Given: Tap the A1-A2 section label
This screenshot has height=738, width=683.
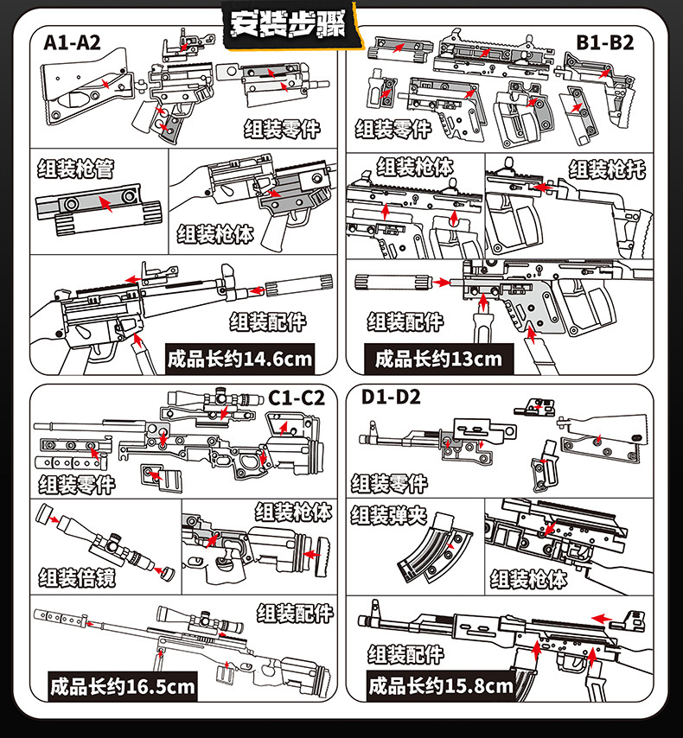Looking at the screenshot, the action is coord(72,43).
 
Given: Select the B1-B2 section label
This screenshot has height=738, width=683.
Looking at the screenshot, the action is coord(605,43).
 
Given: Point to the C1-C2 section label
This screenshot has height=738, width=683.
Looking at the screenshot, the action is coord(297,398).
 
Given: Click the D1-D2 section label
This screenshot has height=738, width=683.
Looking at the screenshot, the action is coord(391,397).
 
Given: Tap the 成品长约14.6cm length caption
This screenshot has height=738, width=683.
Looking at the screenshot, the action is coord(239,359).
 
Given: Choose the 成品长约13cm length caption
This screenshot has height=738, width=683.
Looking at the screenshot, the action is coord(438,359).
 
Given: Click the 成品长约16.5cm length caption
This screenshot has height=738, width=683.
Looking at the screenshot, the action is coord(123,687).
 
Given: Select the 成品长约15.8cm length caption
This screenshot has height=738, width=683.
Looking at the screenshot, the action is coord(440,686).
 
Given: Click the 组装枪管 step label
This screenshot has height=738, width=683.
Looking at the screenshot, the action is coord(76,169).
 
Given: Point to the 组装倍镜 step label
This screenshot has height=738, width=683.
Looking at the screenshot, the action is coord(77,577).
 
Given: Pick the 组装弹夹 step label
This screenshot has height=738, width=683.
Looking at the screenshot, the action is coord(388,515).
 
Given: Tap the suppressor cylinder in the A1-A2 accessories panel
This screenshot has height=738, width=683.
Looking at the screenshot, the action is coord(299,285).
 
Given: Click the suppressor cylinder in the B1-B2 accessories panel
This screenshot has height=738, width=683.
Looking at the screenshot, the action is coord(393,283).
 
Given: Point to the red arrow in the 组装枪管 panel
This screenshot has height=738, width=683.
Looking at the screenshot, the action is coord(105,204).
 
